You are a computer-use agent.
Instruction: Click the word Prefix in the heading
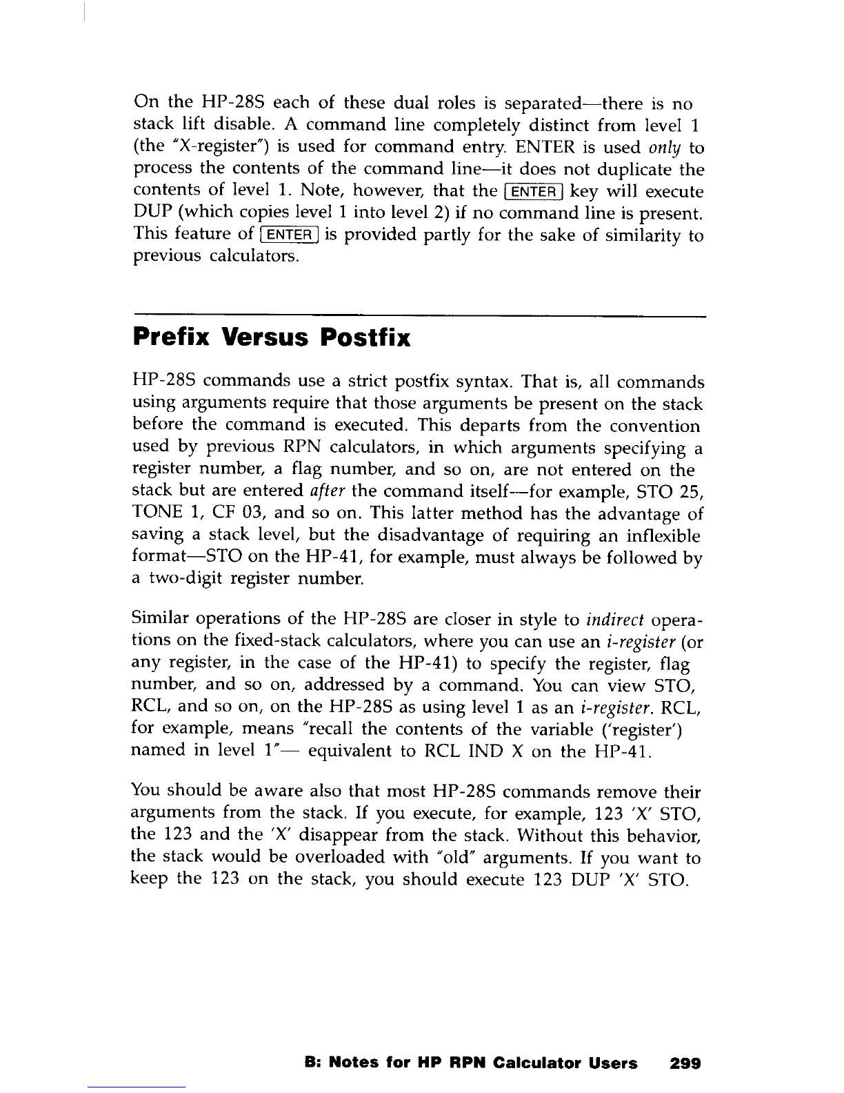click(172, 338)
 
